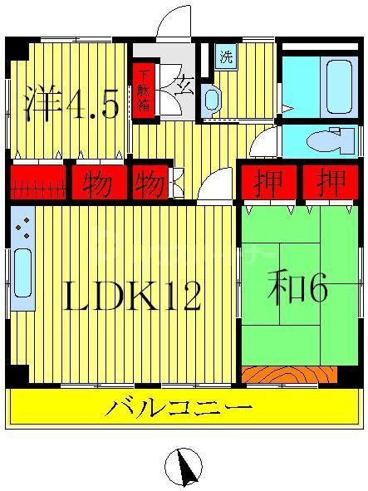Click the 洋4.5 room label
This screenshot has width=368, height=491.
click(71, 105)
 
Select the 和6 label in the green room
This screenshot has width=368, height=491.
click(297, 289)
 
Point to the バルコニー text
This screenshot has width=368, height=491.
click(179, 409)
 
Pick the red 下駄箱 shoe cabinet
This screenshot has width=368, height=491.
click(144, 89)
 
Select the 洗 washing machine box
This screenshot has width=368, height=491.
click(226, 57)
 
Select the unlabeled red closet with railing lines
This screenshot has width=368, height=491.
click(37, 180)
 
